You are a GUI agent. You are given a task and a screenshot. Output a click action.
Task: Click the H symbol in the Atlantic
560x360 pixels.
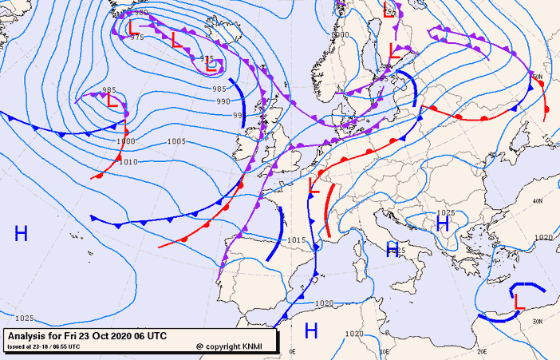pyautogui.click(x=22, y=233)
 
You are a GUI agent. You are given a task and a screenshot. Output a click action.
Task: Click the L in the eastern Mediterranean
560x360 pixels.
pyautogui.click(x=519, y=302)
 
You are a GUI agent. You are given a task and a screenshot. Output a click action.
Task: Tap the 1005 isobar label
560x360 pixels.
pyautogui.click(x=176, y=141)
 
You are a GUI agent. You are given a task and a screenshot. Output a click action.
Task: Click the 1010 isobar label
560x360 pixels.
pyautogui.click(x=128, y=162)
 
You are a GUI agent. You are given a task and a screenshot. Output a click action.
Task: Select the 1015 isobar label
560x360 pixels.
pyautogui.click(x=297, y=239)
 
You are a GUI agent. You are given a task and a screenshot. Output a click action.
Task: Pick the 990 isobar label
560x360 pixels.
pyautogui.click(x=223, y=101)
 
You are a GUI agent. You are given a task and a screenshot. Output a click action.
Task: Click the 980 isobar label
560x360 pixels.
pyautogui.click(x=141, y=13)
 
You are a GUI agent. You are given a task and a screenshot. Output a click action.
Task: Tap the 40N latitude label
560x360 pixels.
pyautogui.click(x=537, y=201)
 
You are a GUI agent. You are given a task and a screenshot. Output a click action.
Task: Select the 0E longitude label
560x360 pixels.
pyautogui.click(x=292, y=351)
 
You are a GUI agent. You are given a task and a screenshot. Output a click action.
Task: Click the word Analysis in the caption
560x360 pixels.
pyautogui.click(x=30, y=336)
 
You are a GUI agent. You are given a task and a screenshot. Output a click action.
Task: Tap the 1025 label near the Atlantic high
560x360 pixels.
pyautogui.click(x=24, y=318)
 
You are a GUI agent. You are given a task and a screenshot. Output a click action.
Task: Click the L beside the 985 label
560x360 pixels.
pyautogui.click(x=112, y=101)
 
